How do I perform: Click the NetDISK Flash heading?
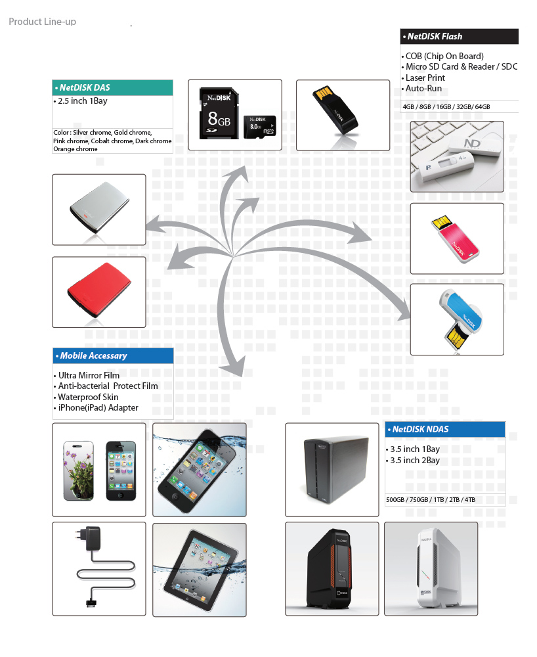435,36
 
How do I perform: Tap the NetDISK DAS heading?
85,87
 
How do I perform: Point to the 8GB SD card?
219,113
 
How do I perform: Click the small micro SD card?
259,127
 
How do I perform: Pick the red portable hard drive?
99,290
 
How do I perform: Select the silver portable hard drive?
100,208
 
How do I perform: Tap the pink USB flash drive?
456,239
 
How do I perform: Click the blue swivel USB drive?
460,319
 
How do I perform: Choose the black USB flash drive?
335,110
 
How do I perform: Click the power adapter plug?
93,539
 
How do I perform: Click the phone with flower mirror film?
79,470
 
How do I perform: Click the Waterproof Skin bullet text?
88,397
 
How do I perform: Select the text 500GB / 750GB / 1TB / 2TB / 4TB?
431,499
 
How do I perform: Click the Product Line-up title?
42,22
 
